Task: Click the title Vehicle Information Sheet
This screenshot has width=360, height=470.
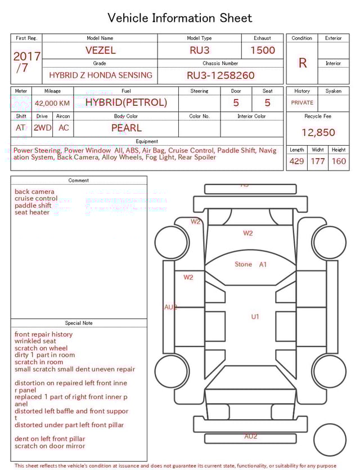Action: pyautogui.click(x=180, y=18)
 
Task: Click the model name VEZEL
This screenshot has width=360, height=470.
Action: pyautogui.click(x=100, y=50)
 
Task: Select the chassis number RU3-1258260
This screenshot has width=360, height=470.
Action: pyautogui.click(x=220, y=75)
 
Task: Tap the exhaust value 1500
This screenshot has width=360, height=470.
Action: pyautogui.click(x=263, y=50)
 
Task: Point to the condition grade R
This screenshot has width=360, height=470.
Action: pyautogui.click(x=303, y=63)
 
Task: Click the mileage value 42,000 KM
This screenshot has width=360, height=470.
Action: pyautogui.click(x=52, y=104)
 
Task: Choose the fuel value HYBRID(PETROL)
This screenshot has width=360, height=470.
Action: pyautogui.click(x=126, y=102)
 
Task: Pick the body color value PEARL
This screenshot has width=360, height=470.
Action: pyautogui.click(x=126, y=128)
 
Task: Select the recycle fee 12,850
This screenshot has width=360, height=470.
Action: pyautogui.click(x=318, y=133)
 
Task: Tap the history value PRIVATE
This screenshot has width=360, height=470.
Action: pyautogui.click(x=302, y=103)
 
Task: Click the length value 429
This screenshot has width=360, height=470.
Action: pyautogui.click(x=296, y=162)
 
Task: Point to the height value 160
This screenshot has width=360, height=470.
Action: pyautogui.click(x=339, y=162)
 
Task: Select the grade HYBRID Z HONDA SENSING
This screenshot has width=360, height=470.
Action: pyautogui.click(x=100, y=75)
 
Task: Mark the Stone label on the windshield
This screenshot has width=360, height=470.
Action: pyautogui.click(x=243, y=264)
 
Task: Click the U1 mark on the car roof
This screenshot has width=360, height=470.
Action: pyautogui.click(x=255, y=317)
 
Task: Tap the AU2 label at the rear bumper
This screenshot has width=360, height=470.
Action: pyautogui.click(x=251, y=436)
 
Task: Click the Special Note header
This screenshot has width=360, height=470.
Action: pyautogui.click(x=79, y=323)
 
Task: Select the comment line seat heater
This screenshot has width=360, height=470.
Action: pyautogui.click(x=32, y=213)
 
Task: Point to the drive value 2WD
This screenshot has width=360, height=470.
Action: pyautogui.click(x=42, y=128)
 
